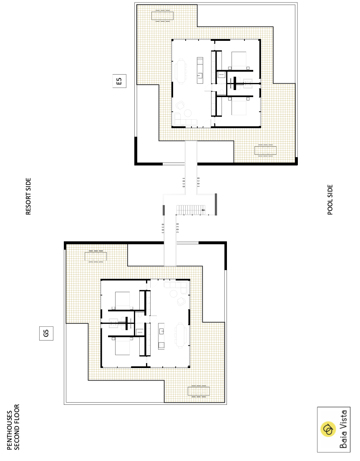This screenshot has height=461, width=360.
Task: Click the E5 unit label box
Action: point(119,81)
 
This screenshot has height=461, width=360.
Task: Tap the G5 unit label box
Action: point(46,333)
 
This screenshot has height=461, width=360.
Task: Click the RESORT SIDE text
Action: point(28,196)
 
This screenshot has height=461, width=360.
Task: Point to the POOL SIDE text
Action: point(330,200)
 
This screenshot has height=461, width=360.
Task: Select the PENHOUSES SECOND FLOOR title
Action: point(13,427)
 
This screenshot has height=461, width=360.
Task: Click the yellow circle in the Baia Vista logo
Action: point(328,429)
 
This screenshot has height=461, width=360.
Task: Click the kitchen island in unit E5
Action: point(200,70)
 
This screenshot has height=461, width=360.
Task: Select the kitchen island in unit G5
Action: point(161,336)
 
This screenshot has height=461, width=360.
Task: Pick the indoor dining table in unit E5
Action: point(181,71)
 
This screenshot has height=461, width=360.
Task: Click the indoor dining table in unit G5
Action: point(181,335)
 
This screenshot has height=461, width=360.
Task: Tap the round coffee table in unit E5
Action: point(188,113)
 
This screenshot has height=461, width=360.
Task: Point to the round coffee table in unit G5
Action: point(174,293)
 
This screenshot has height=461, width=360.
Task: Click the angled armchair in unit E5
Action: point(180,105)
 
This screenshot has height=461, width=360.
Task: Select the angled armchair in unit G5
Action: point(181,301)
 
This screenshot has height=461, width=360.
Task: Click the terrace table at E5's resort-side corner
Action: point(163,16)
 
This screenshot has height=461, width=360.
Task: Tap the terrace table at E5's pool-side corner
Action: point(265,150)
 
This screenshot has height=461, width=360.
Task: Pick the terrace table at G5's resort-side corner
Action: point(96,256)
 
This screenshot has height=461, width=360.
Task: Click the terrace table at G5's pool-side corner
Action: point(199,391)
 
